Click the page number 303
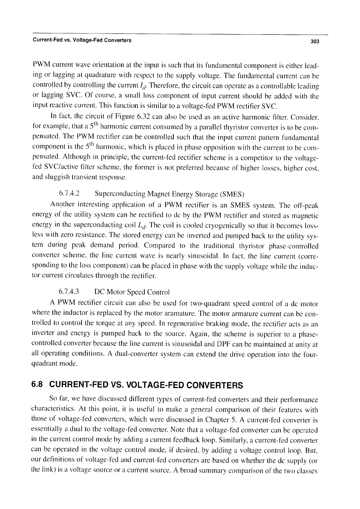tap(315, 42)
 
